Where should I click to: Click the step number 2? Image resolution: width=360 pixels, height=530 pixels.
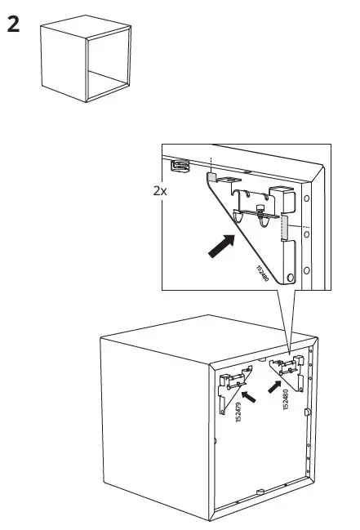(13, 24)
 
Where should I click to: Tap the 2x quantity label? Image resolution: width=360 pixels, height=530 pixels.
(161, 190)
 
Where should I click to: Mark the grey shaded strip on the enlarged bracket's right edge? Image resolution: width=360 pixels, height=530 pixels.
(286, 228)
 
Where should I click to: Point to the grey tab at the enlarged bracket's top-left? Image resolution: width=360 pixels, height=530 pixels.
(211, 176)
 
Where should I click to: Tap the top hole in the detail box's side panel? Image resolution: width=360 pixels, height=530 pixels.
(306, 198)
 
